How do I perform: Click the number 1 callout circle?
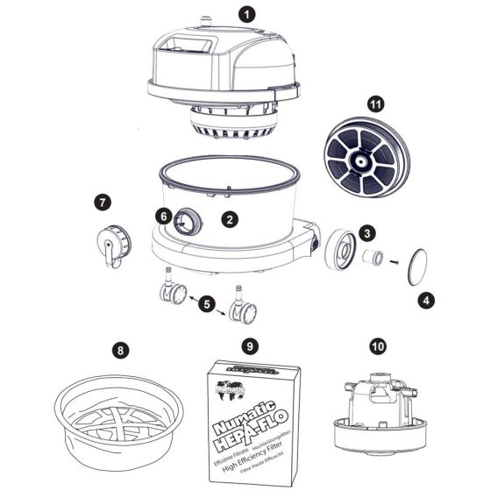(247, 15)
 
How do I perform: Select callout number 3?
(368, 232)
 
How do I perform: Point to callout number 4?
(426, 300)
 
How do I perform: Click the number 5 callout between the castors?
(207, 303)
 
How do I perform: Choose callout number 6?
(164, 216)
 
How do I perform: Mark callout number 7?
(103, 203)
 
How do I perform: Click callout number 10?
(378, 347)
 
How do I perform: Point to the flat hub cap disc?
(415, 267)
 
